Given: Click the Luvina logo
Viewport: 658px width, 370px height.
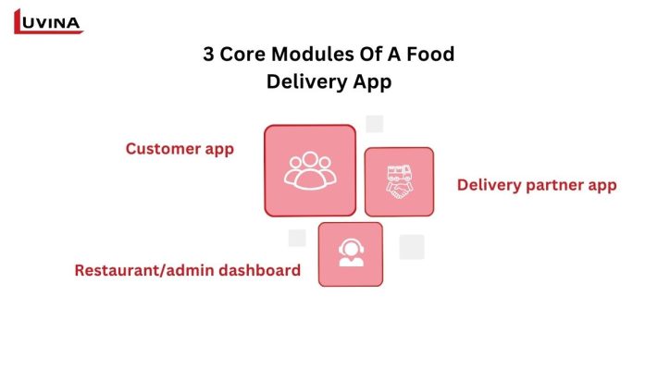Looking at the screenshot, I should point(48,19).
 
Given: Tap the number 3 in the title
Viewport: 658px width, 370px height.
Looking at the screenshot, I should point(209,54).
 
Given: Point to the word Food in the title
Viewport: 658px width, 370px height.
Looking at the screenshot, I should point(430,54).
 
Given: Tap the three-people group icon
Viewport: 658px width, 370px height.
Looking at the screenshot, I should point(310,169).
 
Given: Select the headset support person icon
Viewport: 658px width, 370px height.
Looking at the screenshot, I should point(351,253).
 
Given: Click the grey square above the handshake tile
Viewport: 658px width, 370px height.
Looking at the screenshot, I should point(375,124).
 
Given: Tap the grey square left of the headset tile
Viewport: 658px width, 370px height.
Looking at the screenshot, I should point(297,238).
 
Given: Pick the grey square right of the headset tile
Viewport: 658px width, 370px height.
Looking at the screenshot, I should point(412,247).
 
